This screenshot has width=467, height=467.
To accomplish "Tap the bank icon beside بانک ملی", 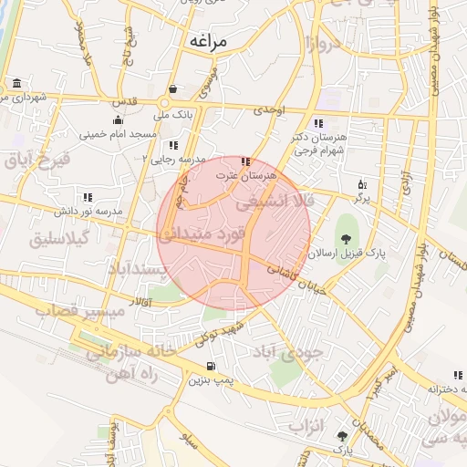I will pyautogui.click(x=172, y=89).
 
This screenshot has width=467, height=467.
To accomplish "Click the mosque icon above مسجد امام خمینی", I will pyautogui.click(x=117, y=120).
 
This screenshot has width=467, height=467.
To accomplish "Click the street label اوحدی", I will pyautogui.click(x=271, y=109).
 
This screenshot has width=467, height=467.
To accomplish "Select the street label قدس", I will pyautogui.click(x=128, y=101).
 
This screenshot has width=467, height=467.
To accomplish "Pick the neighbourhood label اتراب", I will pyautogui.click(x=307, y=425).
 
